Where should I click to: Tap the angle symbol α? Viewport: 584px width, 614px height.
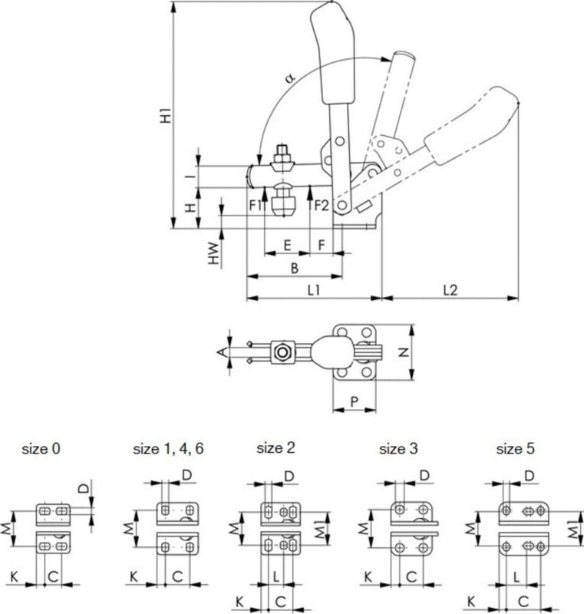pyautogui.click(x=289, y=78)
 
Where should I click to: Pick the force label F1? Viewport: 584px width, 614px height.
pyautogui.click(x=256, y=205)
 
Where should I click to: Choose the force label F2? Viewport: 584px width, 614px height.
pyautogui.click(x=321, y=205)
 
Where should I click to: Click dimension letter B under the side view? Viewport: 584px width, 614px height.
pyautogui.click(x=294, y=267)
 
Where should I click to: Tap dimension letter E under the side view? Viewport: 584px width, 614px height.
pyautogui.click(x=286, y=245)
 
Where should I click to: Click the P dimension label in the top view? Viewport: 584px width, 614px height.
pyautogui.click(x=354, y=401)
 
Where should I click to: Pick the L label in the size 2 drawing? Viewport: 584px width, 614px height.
pyautogui.click(x=275, y=575)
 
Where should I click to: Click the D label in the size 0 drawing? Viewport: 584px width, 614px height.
pyautogui.click(x=85, y=487)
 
